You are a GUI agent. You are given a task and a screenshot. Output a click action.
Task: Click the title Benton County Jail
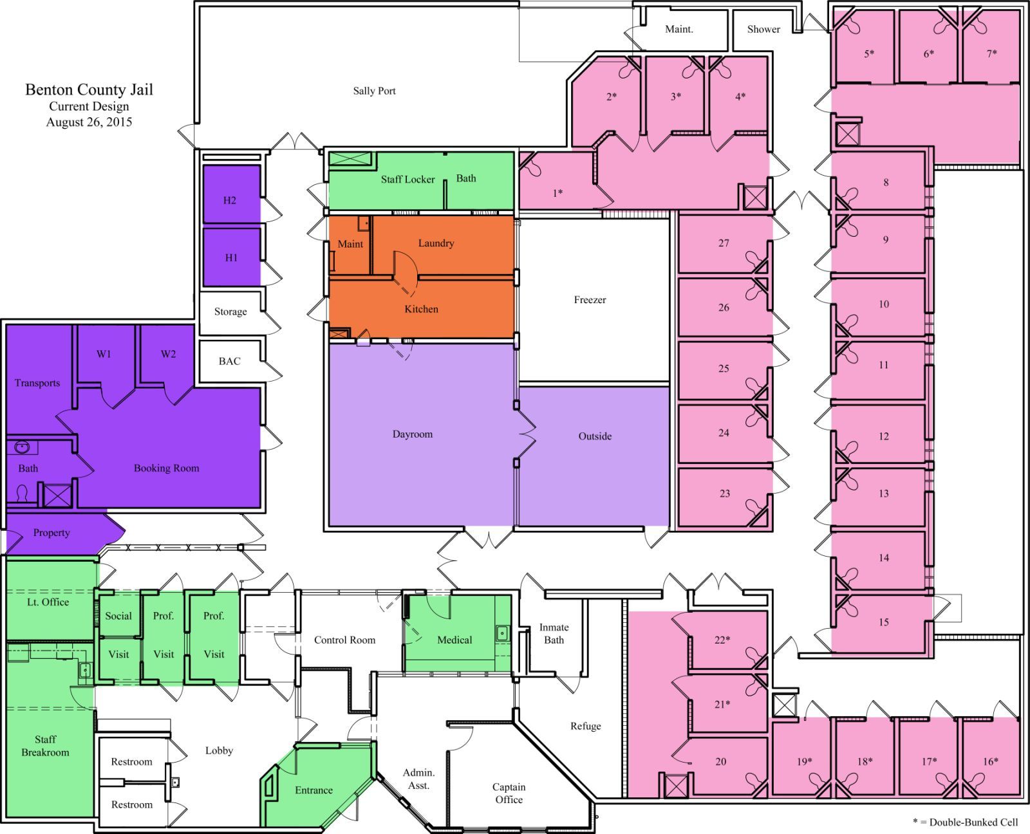[x=89, y=90]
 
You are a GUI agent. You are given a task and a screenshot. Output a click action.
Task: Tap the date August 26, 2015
[x=89, y=122]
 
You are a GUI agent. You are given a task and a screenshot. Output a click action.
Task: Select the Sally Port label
[x=374, y=91]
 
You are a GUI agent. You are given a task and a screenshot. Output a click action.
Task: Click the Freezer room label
[x=590, y=300]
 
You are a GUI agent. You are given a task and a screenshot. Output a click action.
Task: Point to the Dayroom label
[x=413, y=434]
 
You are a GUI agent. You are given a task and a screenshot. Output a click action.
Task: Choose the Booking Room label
[x=166, y=468]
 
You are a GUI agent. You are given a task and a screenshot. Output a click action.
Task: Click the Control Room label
[x=345, y=640]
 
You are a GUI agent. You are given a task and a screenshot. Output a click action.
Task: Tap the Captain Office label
[x=509, y=793]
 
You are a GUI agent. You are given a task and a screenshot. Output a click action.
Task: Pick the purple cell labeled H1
[x=231, y=257]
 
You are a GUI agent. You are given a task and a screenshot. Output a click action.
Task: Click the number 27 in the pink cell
[x=724, y=243]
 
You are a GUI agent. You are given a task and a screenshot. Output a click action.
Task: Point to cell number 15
[x=883, y=622]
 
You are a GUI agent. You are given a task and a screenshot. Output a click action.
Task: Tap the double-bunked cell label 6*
[x=928, y=53]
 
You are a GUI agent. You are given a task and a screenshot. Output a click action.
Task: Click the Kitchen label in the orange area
[x=421, y=310]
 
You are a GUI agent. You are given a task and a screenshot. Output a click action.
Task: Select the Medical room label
[x=454, y=640]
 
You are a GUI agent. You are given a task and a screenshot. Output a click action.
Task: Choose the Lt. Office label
[x=48, y=602]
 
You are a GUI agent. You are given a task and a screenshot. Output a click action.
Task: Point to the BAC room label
[x=229, y=361]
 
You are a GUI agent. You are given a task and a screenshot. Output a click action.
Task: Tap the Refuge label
[x=586, y=726]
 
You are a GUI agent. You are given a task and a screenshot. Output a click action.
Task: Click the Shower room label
[x=763, y=30]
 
